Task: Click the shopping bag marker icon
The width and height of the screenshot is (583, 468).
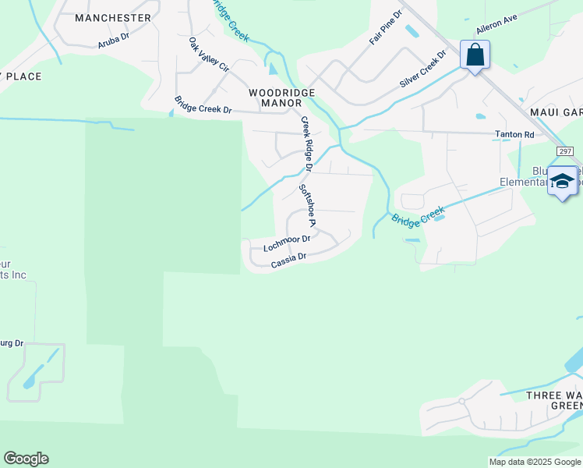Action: (474, 56)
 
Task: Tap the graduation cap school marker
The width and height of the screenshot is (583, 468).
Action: (563, 181)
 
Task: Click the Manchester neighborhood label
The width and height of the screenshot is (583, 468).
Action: (114, 17)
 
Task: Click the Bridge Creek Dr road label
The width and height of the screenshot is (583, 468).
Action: (203, 105)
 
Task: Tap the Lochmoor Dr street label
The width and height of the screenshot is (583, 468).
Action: (287, 243)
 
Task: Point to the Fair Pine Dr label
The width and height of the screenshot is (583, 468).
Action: (386, 27)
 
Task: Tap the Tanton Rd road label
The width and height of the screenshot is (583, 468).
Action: (514, 134)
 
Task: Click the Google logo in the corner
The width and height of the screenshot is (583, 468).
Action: (26, 459)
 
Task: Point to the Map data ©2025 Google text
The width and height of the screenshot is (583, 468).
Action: (534, 462)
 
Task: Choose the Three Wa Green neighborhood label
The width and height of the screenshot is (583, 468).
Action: (554, 400)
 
